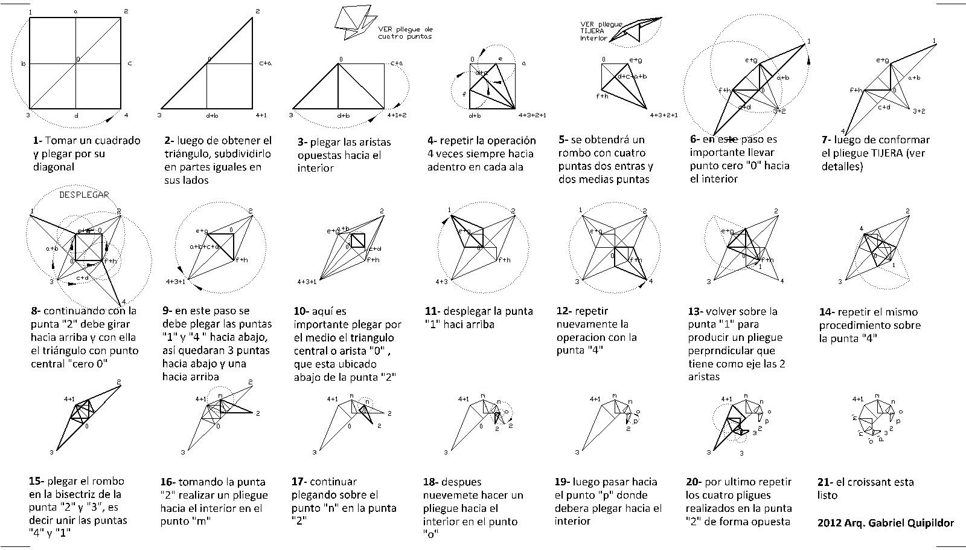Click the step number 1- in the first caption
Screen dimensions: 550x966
pyautogui.click(x=37, y=141)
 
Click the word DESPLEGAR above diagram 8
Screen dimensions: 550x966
pyautogui.click(x=84, y=195)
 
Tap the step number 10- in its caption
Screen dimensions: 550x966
pyautogui.click(x=301, y=312)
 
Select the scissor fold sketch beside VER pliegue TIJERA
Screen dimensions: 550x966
pyautogui.click(x=634, y=30)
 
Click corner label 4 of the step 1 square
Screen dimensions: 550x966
pyautogui.click(x=126, y=114)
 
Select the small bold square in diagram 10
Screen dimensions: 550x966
pyautogui.click(x=358, y=240)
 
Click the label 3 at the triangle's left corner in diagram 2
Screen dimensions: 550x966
pyautogui.click(x=160, y=114)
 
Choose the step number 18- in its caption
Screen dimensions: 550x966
pyautogui.click(x=430, y=482)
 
